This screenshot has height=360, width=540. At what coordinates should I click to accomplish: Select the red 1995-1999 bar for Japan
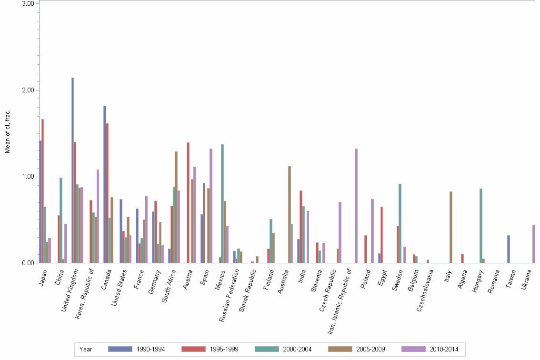pos(42,191)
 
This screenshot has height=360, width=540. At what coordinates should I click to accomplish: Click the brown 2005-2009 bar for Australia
pos(289,214)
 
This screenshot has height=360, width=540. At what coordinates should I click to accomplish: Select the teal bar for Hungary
pos(481,226)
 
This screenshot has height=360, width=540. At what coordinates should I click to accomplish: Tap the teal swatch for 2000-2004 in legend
pos(267,349)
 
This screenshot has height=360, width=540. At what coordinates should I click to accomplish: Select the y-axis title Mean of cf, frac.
pos(7,131)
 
